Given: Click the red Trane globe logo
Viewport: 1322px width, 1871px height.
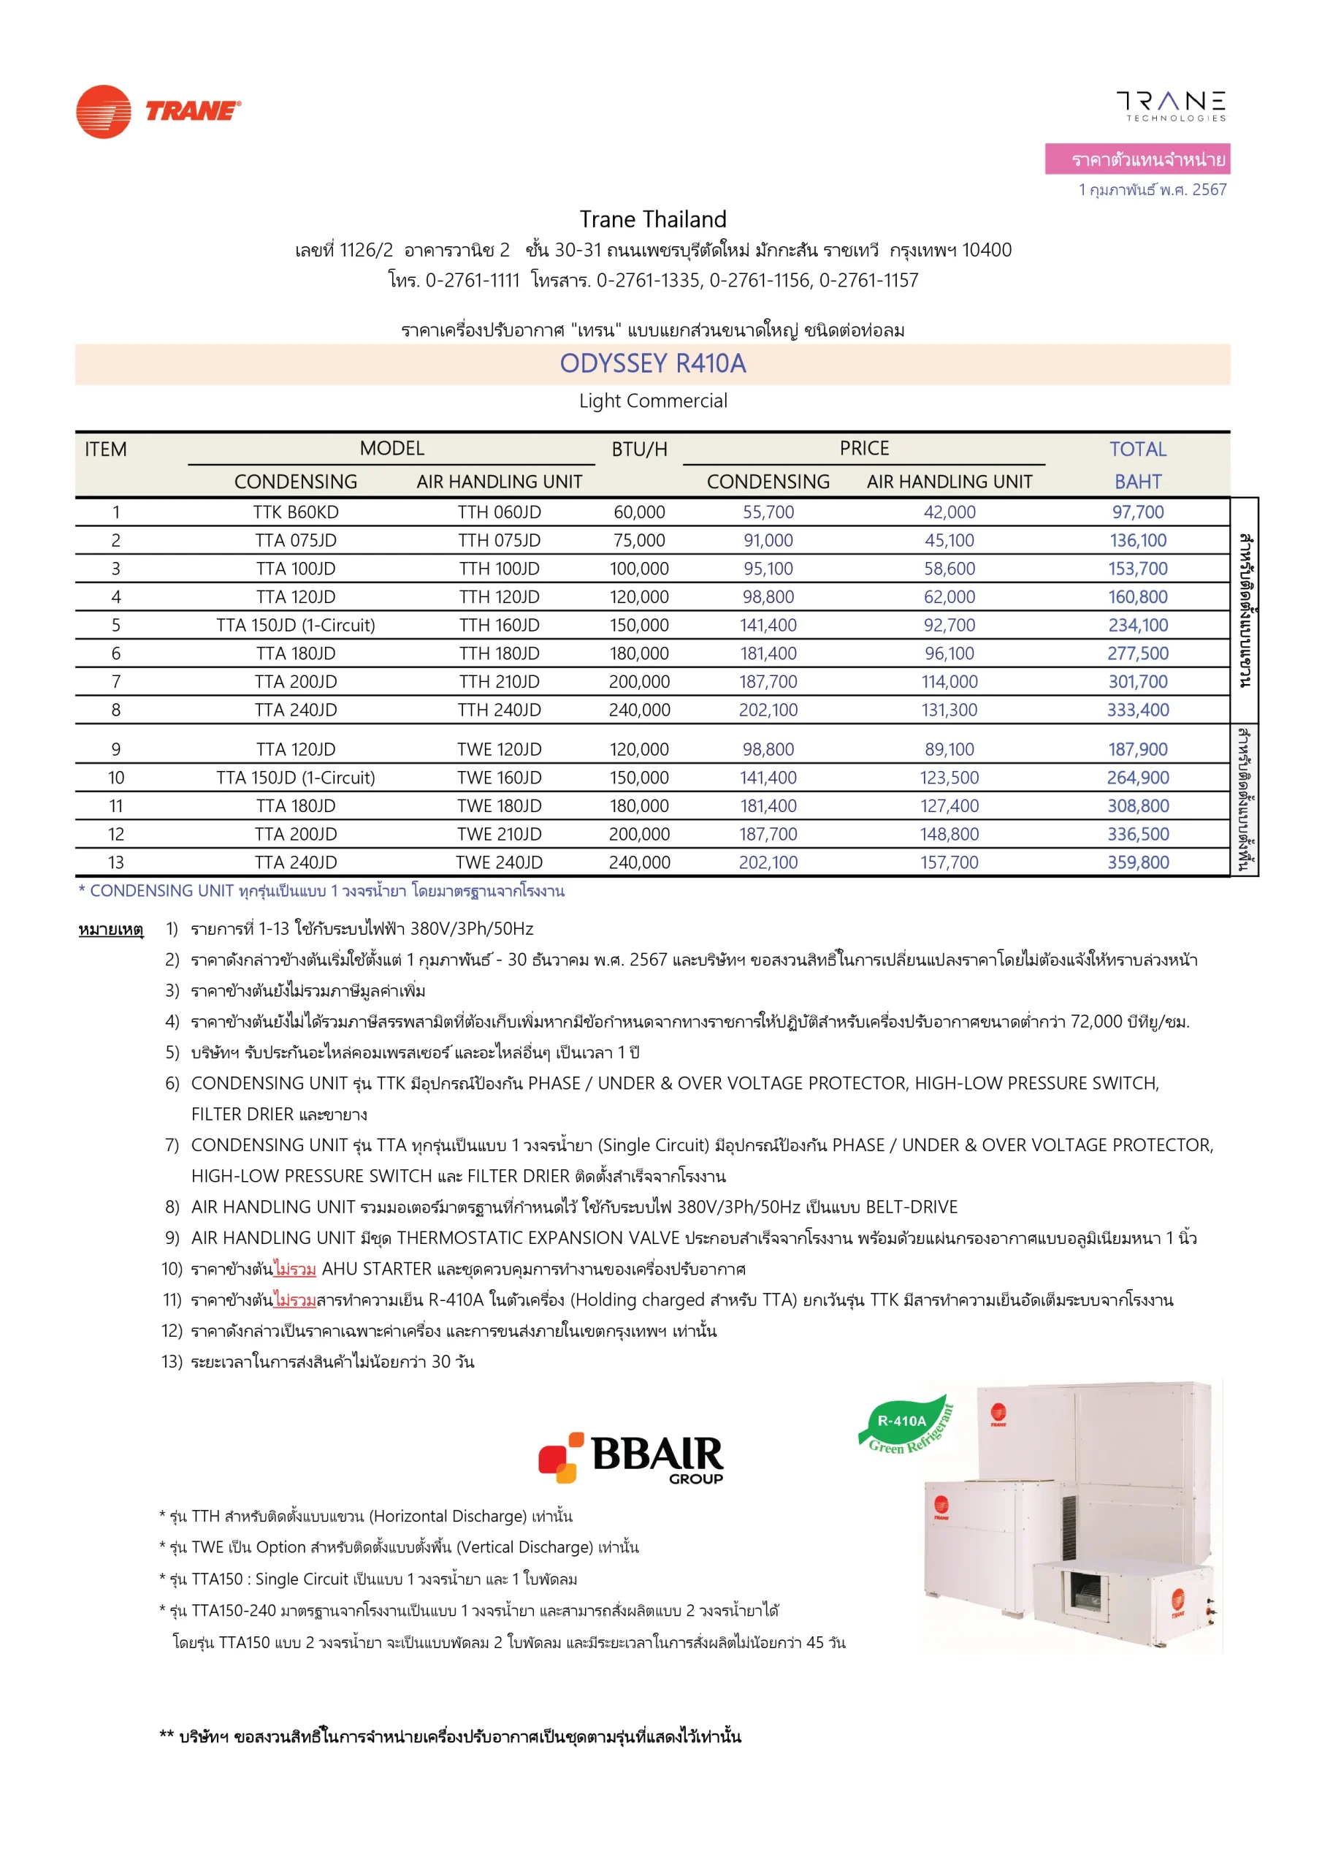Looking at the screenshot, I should click(104, 112).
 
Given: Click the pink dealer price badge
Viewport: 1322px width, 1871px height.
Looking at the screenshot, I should click(1137, 159).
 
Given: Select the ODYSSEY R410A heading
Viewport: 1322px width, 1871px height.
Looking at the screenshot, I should click(652, 363).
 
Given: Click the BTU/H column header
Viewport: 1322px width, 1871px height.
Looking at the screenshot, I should click(639, 449).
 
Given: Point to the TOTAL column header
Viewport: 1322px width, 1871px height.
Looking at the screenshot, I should click(1137, 449).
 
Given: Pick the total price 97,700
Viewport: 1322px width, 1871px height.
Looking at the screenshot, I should click(1137, 512).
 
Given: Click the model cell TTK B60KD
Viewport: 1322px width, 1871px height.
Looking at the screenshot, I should click(296, 512).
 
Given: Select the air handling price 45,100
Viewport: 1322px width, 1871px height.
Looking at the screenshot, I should click(949, 540).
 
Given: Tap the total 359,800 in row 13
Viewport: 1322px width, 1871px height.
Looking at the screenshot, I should click(1137, 862).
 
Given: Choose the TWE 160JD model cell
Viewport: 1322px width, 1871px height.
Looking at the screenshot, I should click(500, 778).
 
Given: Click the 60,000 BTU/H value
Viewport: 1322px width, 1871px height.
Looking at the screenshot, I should click(639, 512).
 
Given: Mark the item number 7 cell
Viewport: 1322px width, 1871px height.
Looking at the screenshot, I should click(115, 681).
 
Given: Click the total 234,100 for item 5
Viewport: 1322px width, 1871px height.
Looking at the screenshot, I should click(1137, 625).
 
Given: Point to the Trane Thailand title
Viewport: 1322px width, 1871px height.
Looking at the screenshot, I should click(652, 219).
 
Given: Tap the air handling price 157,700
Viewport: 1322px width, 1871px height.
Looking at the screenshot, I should click(949, 862).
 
